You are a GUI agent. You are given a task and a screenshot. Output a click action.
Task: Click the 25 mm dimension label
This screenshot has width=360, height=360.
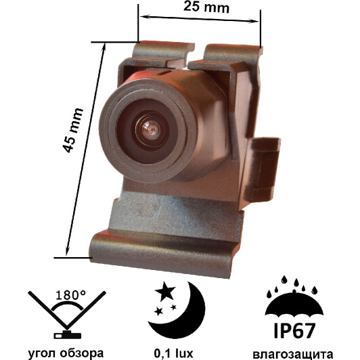pos(206,7)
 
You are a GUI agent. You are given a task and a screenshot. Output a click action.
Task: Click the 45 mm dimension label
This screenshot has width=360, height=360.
pos(72,130)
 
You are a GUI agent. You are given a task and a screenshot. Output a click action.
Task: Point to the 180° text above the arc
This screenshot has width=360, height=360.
pos(70,295)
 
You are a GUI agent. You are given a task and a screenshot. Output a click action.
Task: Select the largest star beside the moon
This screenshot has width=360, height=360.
pos(165,291)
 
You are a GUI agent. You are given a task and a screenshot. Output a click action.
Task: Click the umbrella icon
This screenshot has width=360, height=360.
pos(294,304)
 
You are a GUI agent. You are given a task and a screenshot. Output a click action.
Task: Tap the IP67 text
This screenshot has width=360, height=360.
pos(294,331)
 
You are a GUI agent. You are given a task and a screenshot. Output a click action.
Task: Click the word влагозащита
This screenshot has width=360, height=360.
pos(294,354)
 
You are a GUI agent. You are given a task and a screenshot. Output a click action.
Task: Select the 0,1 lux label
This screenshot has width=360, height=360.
pos(173,353)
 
